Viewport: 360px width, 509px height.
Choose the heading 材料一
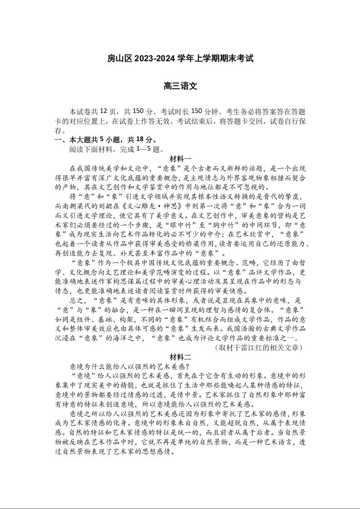(180, 158)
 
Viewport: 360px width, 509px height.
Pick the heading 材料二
(180, 357)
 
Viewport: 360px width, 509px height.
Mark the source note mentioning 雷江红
(258, 347)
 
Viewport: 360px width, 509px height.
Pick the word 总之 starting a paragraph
(75, 300)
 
